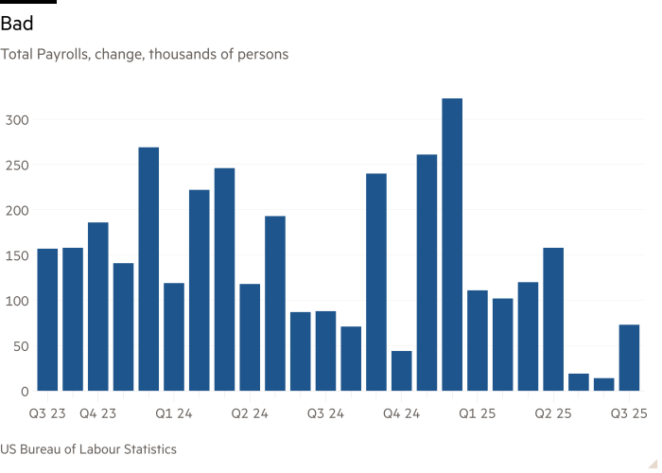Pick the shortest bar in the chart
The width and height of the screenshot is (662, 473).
(603, 384)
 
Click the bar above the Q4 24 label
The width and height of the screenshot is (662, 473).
(401, 370)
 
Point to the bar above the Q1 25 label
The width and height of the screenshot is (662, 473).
(477, 340)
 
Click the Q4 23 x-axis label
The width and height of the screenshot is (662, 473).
(98, 413)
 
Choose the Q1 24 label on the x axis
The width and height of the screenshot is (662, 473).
(174, 413)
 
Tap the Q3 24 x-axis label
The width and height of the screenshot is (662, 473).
(325, 413)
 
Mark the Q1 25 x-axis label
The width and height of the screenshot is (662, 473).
(477, 413)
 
